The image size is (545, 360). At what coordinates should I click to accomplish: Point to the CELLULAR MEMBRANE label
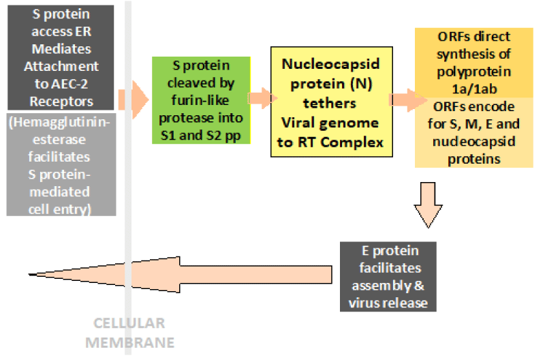coord(129,331)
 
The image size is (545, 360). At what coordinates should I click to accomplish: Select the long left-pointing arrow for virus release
coord(184,275)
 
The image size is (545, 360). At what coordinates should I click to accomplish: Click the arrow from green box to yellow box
coord(258,100)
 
